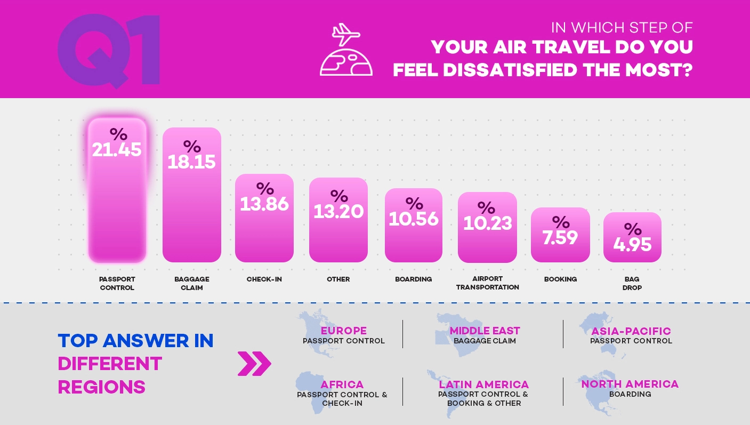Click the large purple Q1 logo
click(109, 50)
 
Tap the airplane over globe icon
click(346, 50)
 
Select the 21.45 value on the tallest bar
click(117, 149)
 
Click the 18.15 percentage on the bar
click(191, 162)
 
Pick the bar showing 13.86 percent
click(264, 218)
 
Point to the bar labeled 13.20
click(338, 220)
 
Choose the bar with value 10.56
click(414, 226)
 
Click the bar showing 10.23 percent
click(487, 227)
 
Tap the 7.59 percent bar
click(560, 235)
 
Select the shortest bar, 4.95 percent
click(632, 237)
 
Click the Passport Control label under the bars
click(117, 283)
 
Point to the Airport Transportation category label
click(488, 283)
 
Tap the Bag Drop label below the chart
click(632, 283)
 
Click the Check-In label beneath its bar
click(264, 279)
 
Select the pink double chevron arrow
click(254, 364)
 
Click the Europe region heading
click(343, 331)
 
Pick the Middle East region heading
click(485, 331)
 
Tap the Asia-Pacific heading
click(631, 331)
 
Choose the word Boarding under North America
click(630, 394)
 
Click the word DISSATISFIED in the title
click(510, 70)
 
